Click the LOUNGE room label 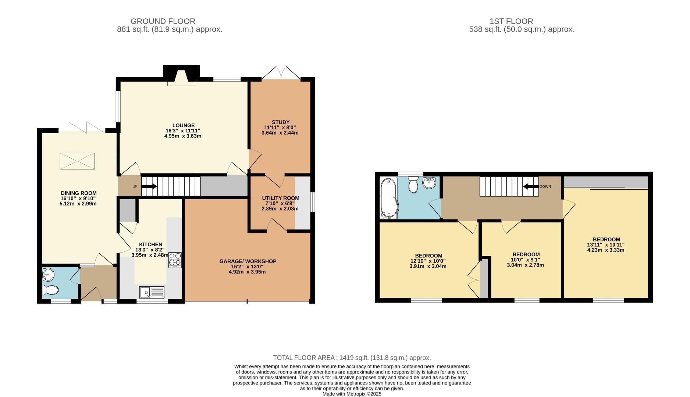(x=183, y=125)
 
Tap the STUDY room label (x=281, y=122)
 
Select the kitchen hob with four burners (x=175, y=259)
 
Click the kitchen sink (x=152, y=293)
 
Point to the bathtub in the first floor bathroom (x=388, y=198)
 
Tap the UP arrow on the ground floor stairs (x=149, y=186)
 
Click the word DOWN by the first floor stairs (x=545, y=186)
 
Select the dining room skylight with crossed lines (x=77, y=161)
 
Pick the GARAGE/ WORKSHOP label (x=248, y=261)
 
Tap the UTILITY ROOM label (x=281, y=198)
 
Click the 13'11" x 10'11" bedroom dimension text (x=605, y=245)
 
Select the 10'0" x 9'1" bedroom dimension (x=526, y=260)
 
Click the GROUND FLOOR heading (x=163, y=21)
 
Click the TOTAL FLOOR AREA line (x=352, y=358)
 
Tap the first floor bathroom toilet (x=413, y=185)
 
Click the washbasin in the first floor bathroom (x=429, y=182)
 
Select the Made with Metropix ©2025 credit (x=352, y=394)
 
